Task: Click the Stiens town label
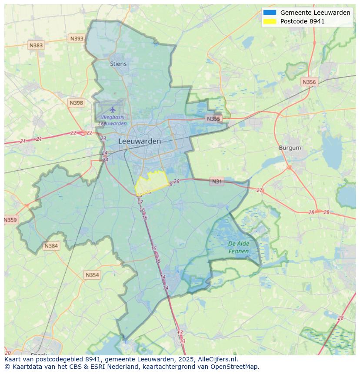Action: pos(118,64)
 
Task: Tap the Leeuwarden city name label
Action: pos(139,141)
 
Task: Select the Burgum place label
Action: pos(290,148)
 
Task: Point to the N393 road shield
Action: pos(77,39)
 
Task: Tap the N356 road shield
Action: pos(309,82)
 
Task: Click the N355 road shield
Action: pos(213,119)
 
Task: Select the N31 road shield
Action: pos(217,182)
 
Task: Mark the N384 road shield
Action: pos(51,246)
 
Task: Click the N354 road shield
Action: pos(92,275)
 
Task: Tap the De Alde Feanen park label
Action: pos(239,247)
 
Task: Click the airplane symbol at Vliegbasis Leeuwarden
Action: pos(113,109)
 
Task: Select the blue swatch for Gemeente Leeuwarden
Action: pos(270,13)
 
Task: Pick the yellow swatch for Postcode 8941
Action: pos(270,21)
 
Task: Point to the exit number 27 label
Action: pos(260,190)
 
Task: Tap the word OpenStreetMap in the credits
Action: pos(235,367)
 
